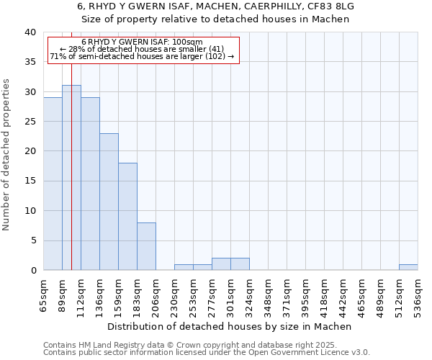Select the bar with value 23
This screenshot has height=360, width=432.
[109, 202]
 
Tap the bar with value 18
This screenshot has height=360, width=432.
[127, 216]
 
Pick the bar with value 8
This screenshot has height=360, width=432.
[146, 246]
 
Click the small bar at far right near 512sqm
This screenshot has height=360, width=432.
[408, 267]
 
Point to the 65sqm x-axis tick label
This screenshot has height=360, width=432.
[44, 294]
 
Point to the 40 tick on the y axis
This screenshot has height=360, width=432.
[30, 32]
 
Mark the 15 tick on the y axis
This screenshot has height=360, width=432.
[30, 181]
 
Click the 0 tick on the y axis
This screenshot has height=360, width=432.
[32, 270]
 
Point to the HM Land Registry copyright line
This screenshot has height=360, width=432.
[206, 345]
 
